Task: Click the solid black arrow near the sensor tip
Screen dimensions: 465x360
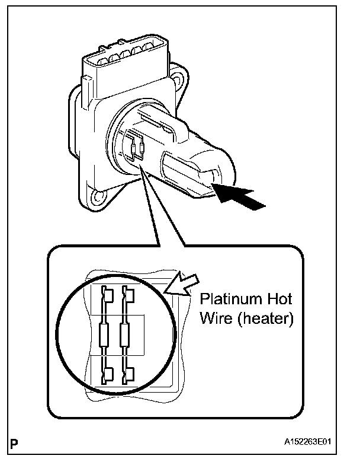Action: tap(239, 198)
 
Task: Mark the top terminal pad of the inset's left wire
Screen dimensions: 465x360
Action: tap(105, 293)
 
